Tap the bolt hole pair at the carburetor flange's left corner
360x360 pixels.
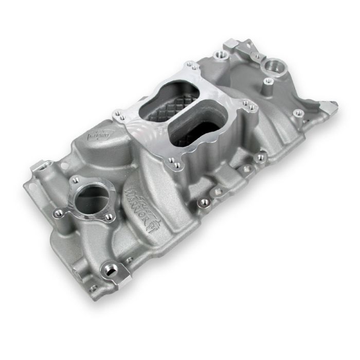tap(118, 113)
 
